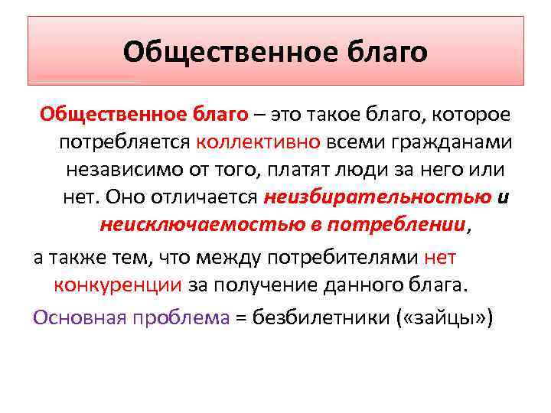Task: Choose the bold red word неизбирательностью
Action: tap(377, 197)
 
